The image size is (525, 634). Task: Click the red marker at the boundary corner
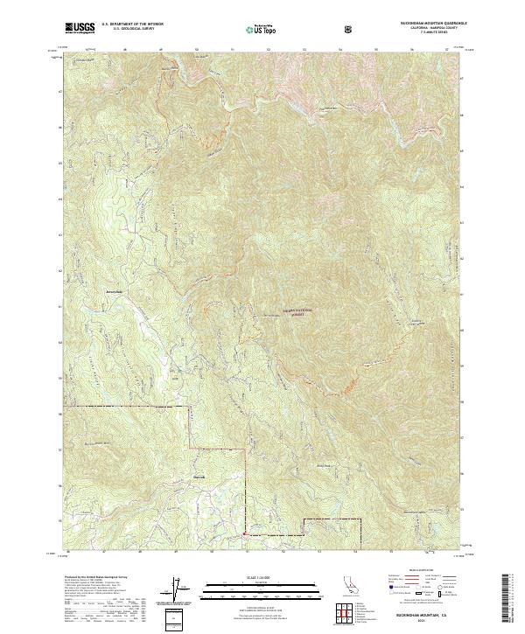[243, 533]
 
